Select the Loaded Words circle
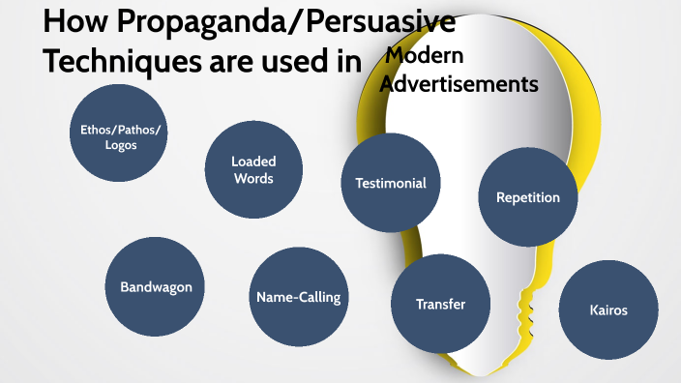[x=253, y=170]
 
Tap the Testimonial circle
[x=391, y=183]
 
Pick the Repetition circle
[x=528, y=197]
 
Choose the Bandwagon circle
[x=156, y=287]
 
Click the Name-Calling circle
[x=298, y=297]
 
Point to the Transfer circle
[x=440, y=304]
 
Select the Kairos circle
[x=608, y=310]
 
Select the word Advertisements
[x=459, y=84]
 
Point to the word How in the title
[x=76, y=19]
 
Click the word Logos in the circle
[x=121, y=145]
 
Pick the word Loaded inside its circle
[x=253, y=162]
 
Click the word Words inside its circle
[x=253, y=179]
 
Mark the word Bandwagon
[x=156, y=287]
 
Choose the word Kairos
[x=608, y=310]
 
